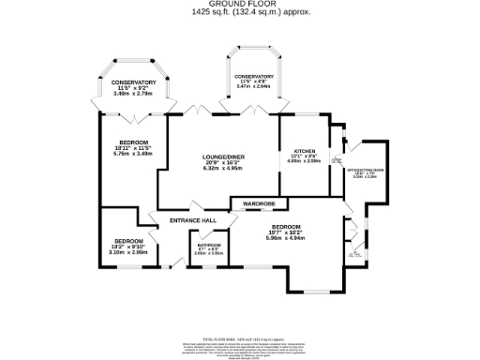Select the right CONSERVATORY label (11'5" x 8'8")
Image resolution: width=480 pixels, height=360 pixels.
[x=254, y=77]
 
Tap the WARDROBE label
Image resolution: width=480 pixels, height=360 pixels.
[x=259, y=202]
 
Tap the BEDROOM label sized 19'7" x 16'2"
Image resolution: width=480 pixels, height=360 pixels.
[x=286, y=227]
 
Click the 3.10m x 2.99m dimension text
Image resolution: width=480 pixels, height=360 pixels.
[x=127, y=252]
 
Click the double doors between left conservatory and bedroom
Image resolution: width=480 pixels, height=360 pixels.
[x=136, y=116]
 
